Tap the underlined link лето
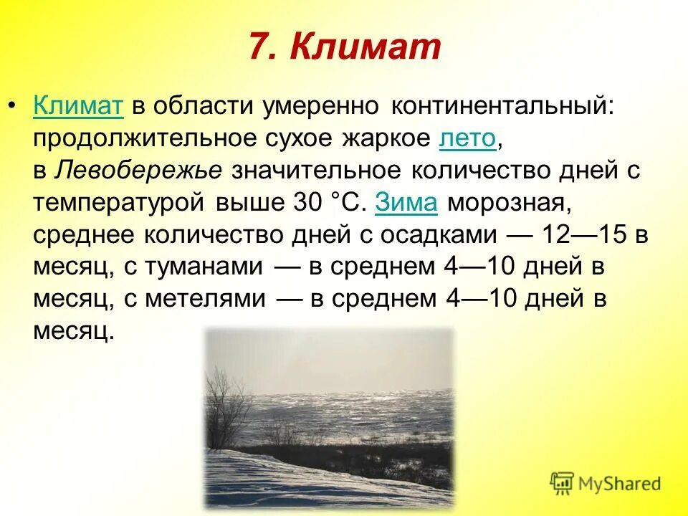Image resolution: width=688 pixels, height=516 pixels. (467, 138)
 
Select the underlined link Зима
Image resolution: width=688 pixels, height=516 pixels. (406, 203)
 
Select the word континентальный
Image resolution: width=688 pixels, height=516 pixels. (502, 106)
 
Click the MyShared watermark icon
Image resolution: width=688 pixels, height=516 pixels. (563, 484)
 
